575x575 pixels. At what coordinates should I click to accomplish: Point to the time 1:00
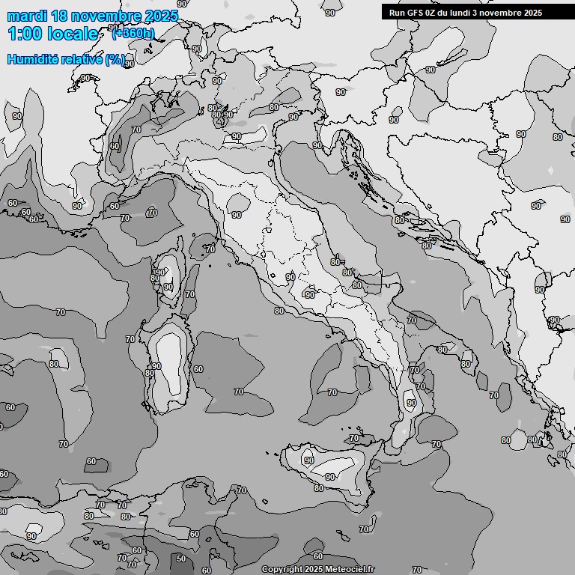(x=25, y=34)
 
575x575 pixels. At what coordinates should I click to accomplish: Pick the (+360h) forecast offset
(x=133, y=33)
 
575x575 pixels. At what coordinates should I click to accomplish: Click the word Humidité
(x=34, y=59)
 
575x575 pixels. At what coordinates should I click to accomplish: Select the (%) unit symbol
(x=115, y=59)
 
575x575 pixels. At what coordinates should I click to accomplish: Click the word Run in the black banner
(x=398, y=13)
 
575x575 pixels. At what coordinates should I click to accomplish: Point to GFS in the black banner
(x=416, y=13)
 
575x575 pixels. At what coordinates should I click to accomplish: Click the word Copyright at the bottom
(x=282, y=570)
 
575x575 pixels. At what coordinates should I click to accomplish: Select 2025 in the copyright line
(x=314, y=570)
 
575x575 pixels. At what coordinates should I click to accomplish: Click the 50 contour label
(x=180, y=559)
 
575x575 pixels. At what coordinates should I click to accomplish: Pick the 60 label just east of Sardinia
(x=198, y=369)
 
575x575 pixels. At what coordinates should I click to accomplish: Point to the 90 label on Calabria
(x=411, y=403)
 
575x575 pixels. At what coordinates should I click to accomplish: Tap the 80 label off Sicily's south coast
(x=318, y=488)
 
